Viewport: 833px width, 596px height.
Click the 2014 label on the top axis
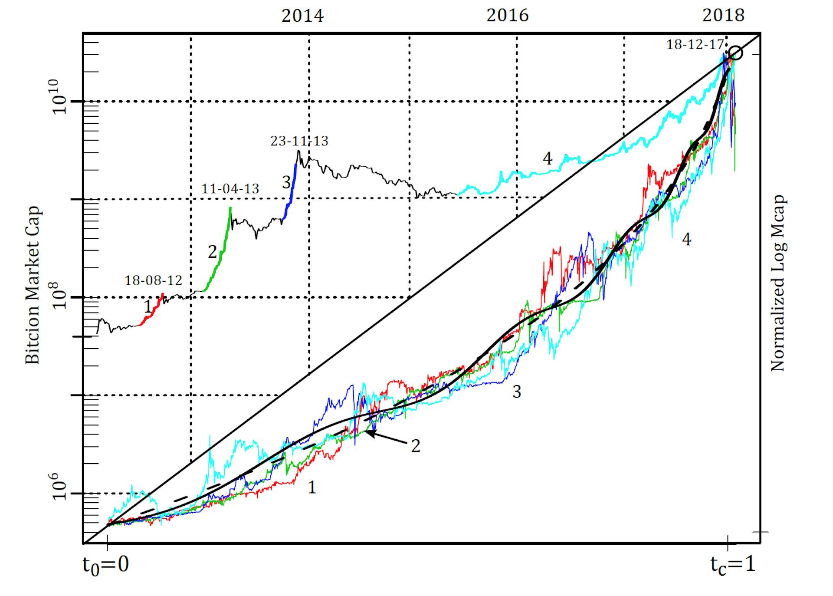pyautogui.click(x=302, y=16)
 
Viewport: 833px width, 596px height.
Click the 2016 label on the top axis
pyautogui.click(x=507, y=16)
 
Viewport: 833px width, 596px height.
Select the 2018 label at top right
pyautogui.click(x=723, y=16)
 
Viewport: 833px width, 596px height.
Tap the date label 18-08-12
pyautogui.click(x=153, y=280)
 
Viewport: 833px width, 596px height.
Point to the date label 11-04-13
pyautogui.click(x=230, y=189)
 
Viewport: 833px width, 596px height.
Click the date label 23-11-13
pyautogui.click(x=299, y=141)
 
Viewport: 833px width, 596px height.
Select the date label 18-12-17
pyautogui.click(x=695, y=45)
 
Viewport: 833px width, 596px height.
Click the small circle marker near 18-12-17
pyautogui.click(x=736, y=53)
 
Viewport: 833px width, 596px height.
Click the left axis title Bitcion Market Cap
pyautogui.click(x=33, y=285)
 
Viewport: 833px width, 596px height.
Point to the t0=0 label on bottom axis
pyautogui.click(x=106, y=564)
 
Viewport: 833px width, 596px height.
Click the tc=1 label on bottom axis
pyautogui.click(x=733, y=564)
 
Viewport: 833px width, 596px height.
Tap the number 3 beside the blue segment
pyautogui.click(x=286, y=183)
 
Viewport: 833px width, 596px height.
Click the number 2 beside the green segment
pyautogui.click(x=212, y=252)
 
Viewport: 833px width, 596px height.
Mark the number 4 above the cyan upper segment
pyautogui.click(x=548, y=159)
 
